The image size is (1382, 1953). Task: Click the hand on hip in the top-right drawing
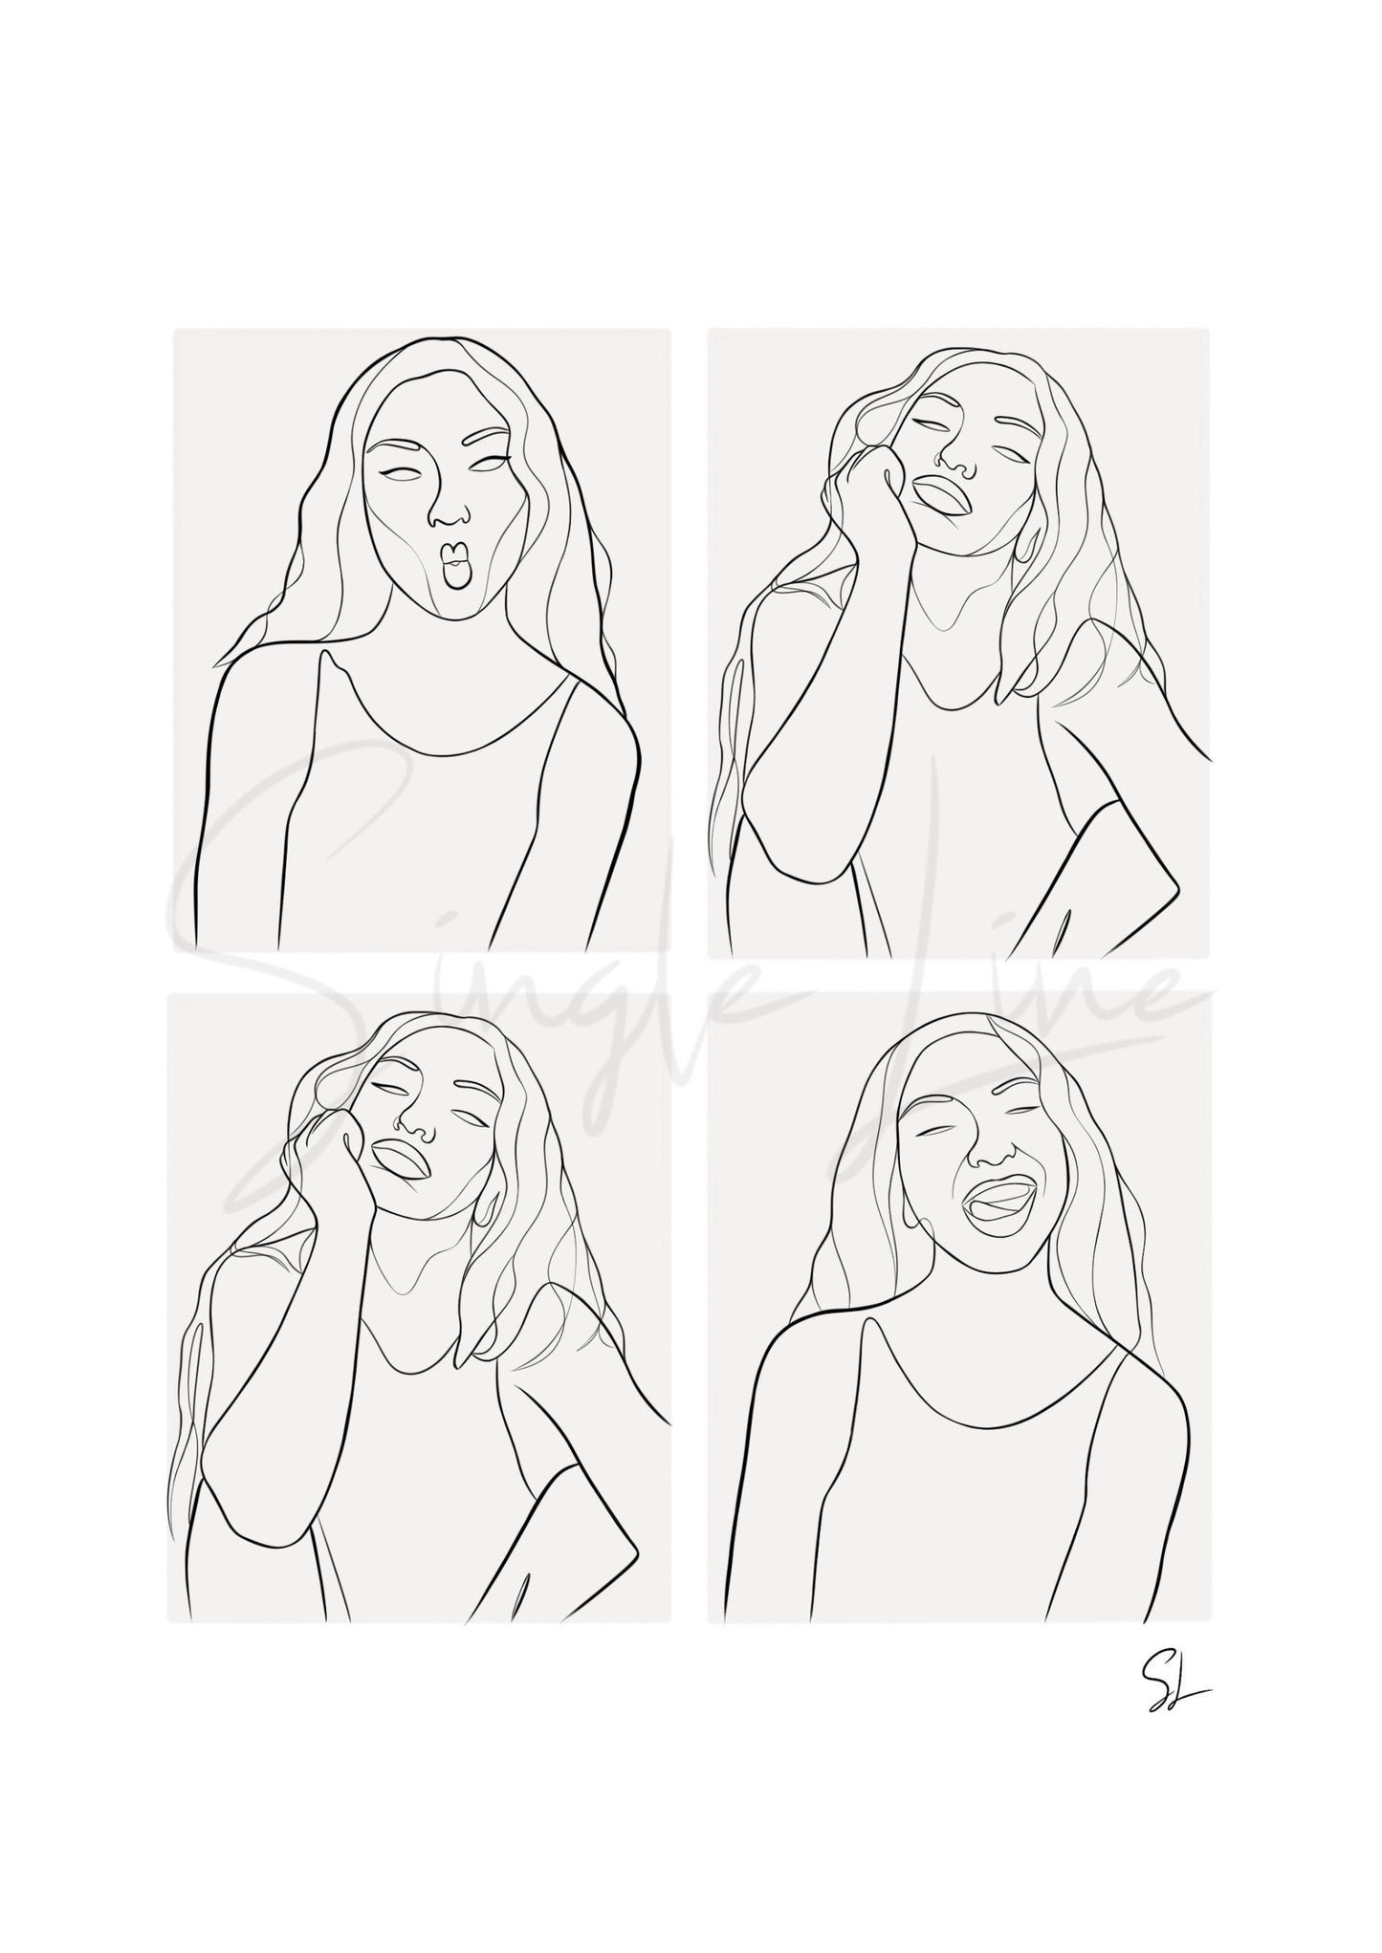pyautogui.click(x=1138, y=865)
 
